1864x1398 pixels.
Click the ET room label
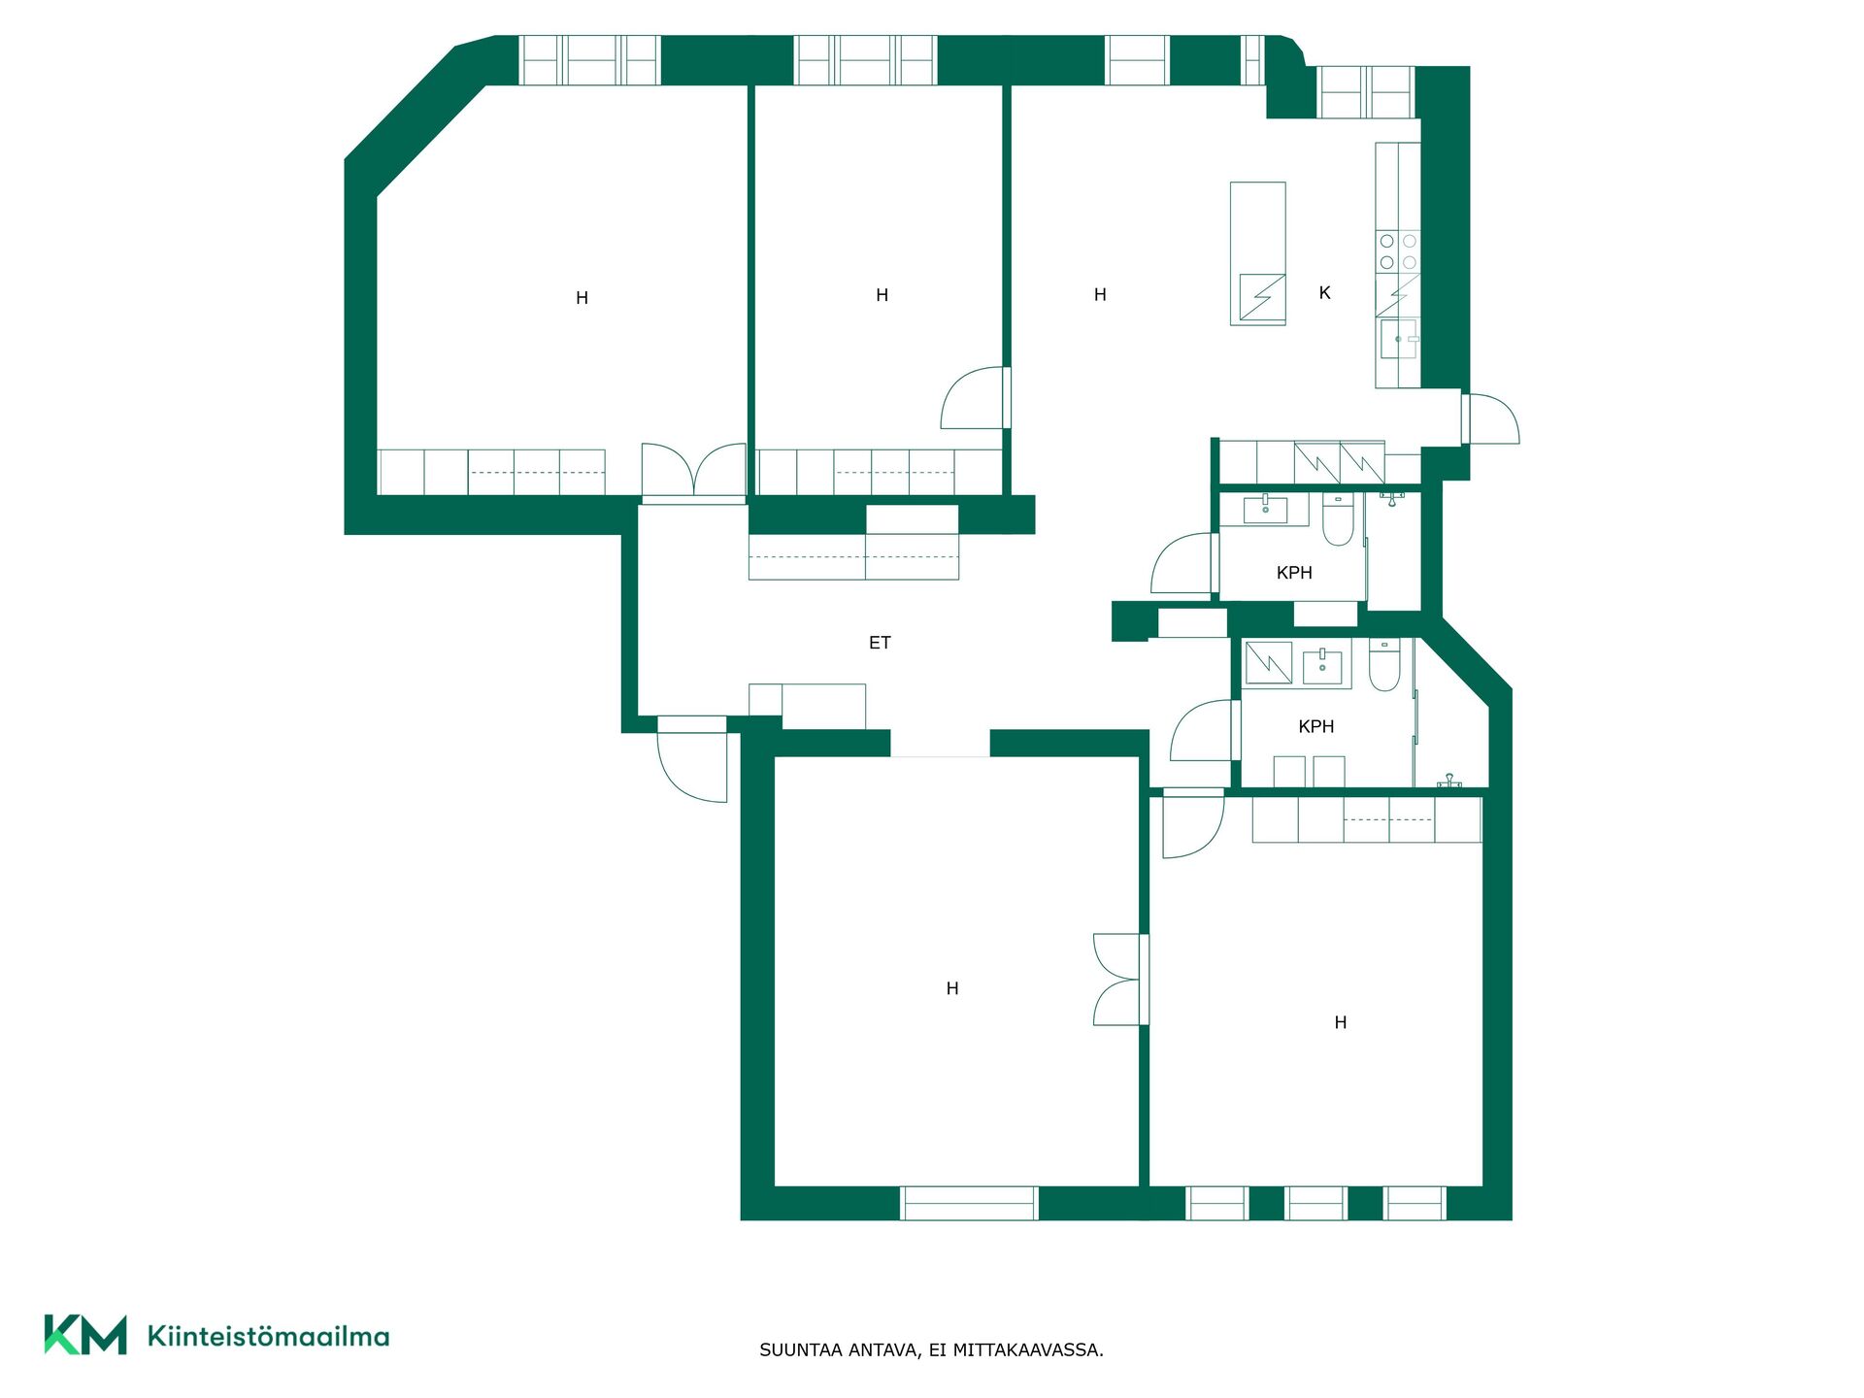880,643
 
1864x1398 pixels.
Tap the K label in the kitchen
1324,292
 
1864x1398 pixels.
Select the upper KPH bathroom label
1294,573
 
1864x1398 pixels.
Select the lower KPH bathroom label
1316,726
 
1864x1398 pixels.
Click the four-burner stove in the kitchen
1398,250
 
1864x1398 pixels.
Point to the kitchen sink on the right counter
1399,339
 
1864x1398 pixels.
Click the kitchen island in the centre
1258,253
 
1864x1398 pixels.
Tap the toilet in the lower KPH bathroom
1384,665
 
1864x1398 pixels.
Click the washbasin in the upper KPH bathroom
1265,510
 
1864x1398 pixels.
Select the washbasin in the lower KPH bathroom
1322,667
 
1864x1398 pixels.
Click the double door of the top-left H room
693,472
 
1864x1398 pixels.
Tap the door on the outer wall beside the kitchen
1490,418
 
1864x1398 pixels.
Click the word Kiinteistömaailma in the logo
268,1336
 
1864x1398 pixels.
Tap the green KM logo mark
85,1335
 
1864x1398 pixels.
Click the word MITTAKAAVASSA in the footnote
1028,1350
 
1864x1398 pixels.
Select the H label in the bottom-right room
1341,1022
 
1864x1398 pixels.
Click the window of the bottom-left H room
969,1204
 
